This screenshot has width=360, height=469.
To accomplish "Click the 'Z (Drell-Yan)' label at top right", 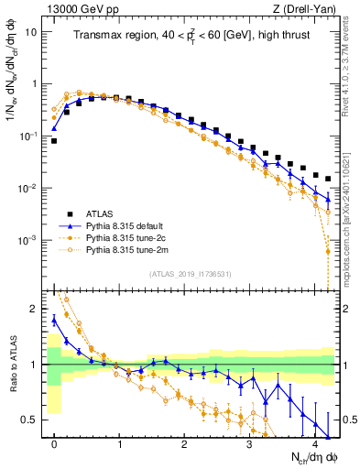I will coord(302,8).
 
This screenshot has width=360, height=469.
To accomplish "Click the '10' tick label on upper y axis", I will coord(31,31).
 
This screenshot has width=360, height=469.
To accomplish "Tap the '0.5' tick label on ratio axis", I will coord(30,420).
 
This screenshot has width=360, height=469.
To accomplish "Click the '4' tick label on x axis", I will coord(315,444).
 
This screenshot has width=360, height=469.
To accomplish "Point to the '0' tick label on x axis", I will coord(55,444).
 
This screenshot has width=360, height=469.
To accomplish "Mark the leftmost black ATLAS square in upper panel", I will coord(54,141).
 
